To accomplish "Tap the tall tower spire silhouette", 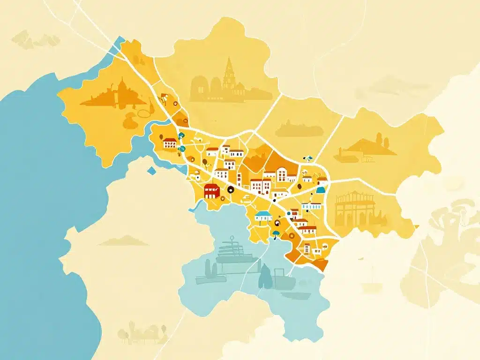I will tap(229, 75).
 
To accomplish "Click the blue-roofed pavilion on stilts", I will tap(263, 216).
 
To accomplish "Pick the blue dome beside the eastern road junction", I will tap(321, 189).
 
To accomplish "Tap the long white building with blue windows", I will tap(312, 206).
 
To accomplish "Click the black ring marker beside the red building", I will tap(230, 190).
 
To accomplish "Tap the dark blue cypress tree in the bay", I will tap(265, 277).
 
